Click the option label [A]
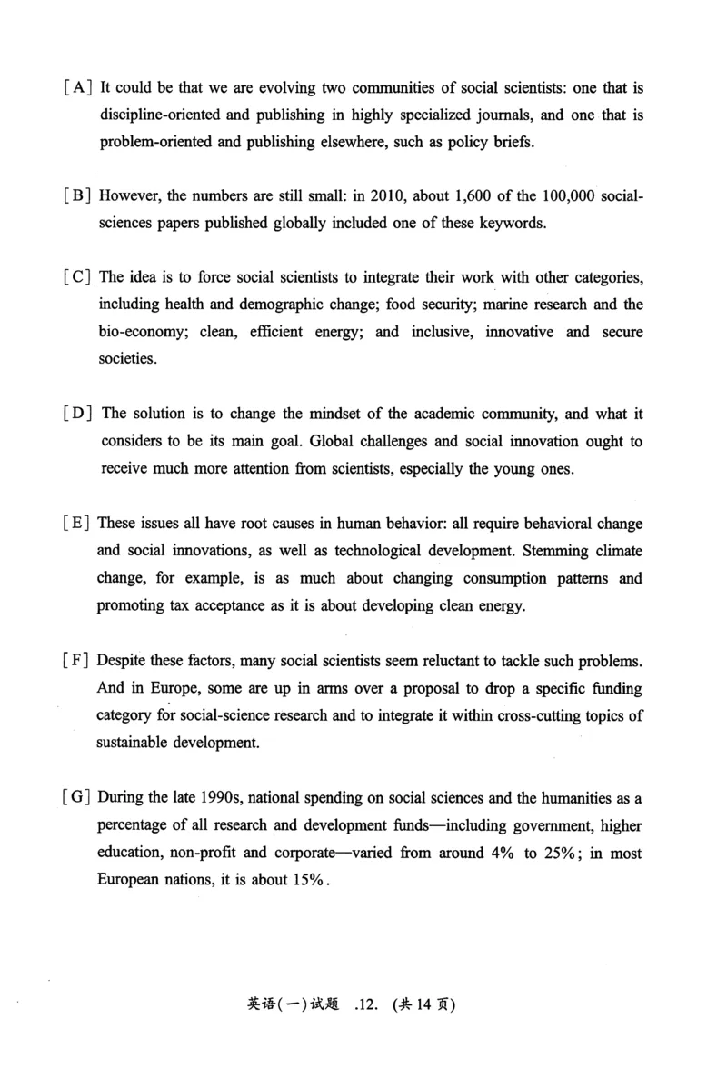click(x=76, y=88)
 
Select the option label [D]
click(x=77, y=415)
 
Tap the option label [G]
click(x=76, y=798)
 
